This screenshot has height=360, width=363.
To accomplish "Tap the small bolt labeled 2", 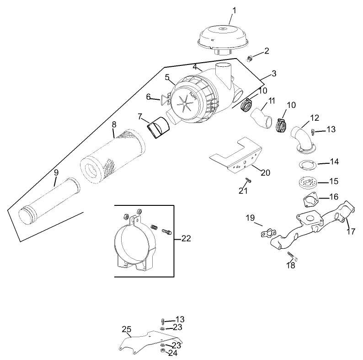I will pyautogui.click(x=250, y=58).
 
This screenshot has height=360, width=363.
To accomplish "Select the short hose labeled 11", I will pyautogui.click(x=261, y=117).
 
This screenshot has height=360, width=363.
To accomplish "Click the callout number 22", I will pyautogui.click(x=186, y=238).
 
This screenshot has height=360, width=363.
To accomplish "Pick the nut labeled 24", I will pyautogui.click(x=163, y=351).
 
